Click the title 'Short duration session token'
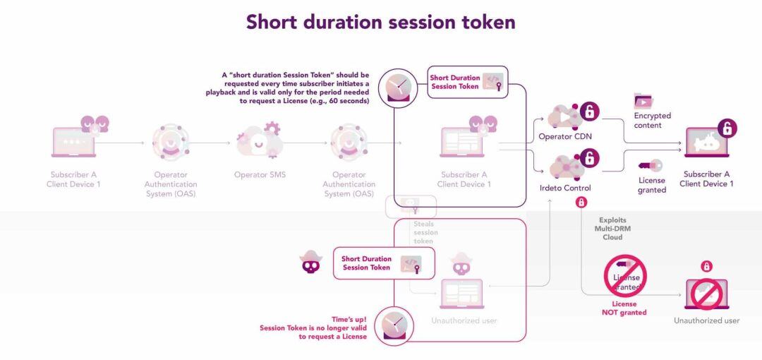380,22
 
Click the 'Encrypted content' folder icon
643,100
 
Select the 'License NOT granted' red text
624,308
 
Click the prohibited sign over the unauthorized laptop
706,294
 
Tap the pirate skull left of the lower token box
310,263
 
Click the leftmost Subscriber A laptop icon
73,143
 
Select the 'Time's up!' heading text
349,319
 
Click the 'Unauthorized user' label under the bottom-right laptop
706,320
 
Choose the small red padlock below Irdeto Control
581,203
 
